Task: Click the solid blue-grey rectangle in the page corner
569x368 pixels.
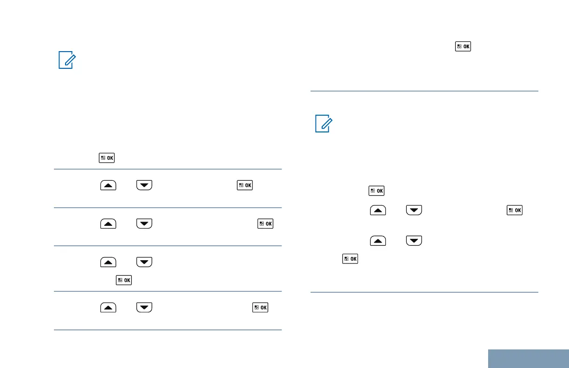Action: [529, 358]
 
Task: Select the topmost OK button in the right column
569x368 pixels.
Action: [463, 46]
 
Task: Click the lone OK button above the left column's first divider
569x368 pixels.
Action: [107, 158]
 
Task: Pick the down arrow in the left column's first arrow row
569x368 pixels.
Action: [145, 186]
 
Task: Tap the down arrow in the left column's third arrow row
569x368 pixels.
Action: [145, 263]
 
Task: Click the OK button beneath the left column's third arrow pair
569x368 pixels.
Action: [124, 280]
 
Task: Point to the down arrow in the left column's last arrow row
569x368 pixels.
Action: [145, 308]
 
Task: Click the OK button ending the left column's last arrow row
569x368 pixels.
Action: [260, 308]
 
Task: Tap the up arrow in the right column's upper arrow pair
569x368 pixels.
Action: [377, 210]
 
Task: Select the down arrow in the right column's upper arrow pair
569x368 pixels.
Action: [414, 210]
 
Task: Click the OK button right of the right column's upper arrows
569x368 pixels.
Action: [515, 210]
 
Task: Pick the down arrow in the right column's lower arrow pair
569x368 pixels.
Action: [414, 241]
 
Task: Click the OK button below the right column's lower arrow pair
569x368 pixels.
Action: [351, 259]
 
